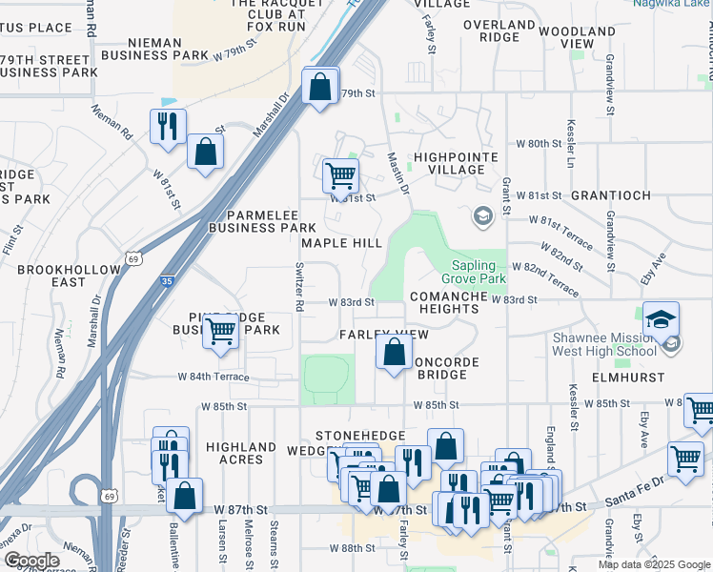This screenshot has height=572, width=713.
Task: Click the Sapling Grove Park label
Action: tap(474, 273)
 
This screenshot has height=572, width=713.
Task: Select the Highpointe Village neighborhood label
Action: tap(449, 163)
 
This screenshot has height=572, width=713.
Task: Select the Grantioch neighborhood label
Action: tap(610, 195)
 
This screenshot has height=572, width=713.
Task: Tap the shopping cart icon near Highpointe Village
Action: tap(340, 175)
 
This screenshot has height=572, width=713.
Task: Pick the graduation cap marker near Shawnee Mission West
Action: tap(661, 320)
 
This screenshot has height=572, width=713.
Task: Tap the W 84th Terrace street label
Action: tap(213, 378)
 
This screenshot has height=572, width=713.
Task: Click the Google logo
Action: tap(31, 561)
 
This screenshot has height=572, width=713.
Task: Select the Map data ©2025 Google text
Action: tap(653, 564)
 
